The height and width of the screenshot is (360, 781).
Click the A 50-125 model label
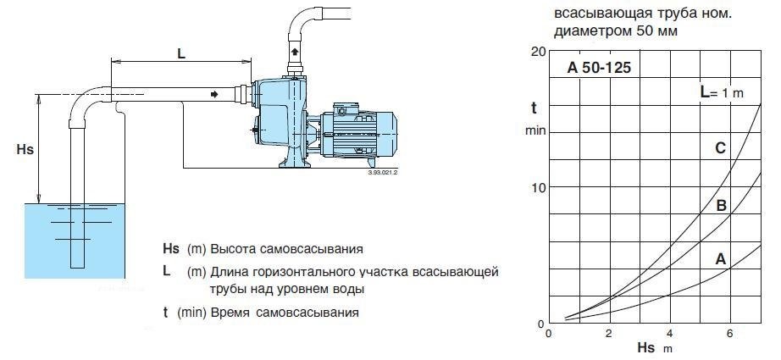coord(598,68)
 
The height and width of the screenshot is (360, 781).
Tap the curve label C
coord(720,148)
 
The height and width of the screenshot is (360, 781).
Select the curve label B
coord(721,205)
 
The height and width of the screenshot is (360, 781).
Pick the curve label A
coord(720,259)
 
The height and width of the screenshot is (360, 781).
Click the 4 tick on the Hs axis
coord(670,333)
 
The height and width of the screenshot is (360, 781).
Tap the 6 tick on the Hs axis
coord(730,333)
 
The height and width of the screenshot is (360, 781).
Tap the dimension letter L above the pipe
coord(181,52)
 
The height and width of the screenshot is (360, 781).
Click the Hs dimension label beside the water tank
coord(25,149)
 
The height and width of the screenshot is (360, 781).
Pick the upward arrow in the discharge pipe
coord(295,53)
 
